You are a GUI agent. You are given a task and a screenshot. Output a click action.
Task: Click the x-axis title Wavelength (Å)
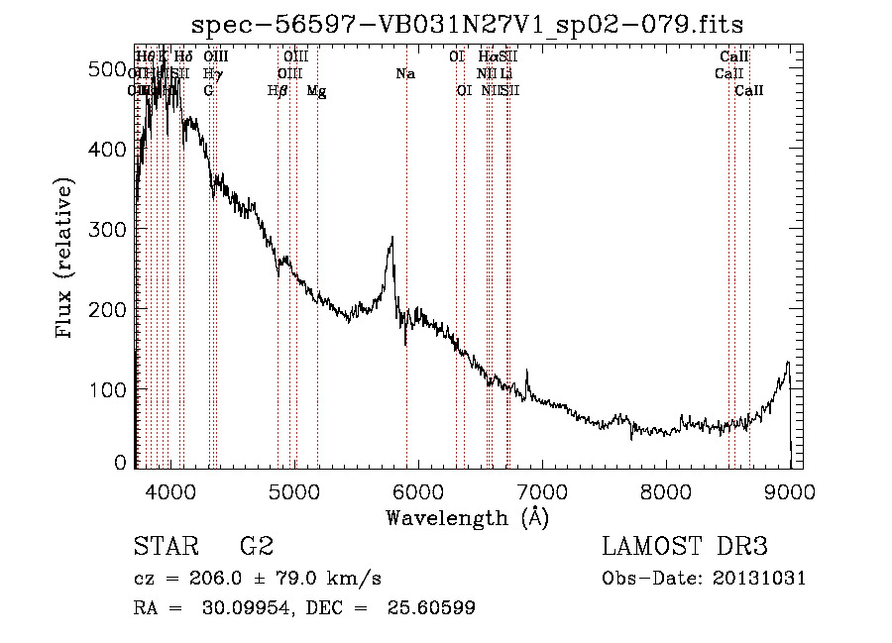click(x=468, y=517)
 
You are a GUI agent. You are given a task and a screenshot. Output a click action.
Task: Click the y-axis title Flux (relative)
click(x=66, y=260)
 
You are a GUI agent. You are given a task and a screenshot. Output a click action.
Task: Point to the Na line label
click(x=404, y=74)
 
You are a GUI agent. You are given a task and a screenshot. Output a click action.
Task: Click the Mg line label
click(x=316, y=91)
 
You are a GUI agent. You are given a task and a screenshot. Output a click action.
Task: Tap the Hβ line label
click(x=278, y=91)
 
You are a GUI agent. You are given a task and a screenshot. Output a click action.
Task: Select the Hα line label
click(x=487, y=57)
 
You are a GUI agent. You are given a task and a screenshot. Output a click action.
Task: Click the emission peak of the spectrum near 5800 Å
click(x=392, y=239)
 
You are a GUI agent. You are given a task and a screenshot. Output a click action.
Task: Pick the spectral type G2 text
click(x=257, y=547)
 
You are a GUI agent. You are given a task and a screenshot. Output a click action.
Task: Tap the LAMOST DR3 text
click(x=685, y=547)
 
